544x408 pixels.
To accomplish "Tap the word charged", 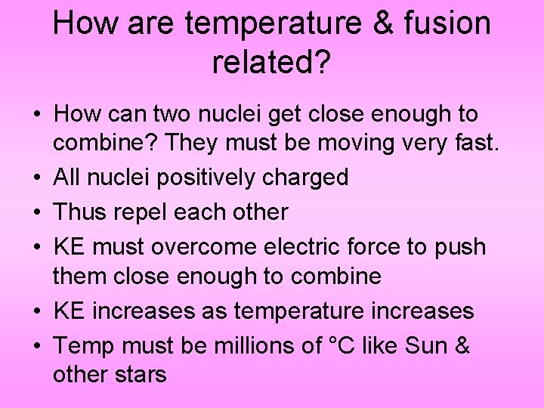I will [x=311, y=178].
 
